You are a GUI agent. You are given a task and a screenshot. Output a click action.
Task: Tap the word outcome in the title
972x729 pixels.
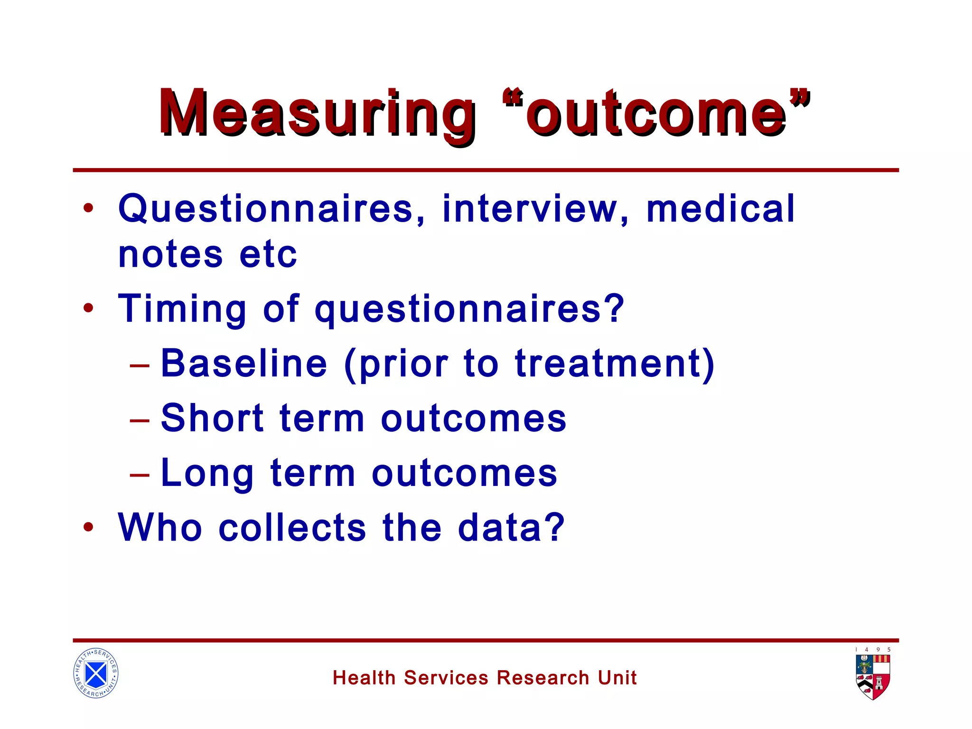coord(655,114)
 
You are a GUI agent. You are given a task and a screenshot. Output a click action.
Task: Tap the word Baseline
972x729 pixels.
coord(244,364)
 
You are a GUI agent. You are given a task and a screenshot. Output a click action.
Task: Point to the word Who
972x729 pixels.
coord(160,527)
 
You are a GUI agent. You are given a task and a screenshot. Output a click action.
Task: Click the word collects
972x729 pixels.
coord(292,527)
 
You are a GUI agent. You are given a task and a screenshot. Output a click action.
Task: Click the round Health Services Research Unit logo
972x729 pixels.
coord(96,673)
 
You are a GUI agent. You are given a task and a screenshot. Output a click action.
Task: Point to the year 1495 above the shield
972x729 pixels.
coord(873,650)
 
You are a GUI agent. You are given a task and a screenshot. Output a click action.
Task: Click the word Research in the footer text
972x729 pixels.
coord(543,678)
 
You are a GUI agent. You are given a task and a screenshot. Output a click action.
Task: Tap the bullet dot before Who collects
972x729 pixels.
coord(88,527)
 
